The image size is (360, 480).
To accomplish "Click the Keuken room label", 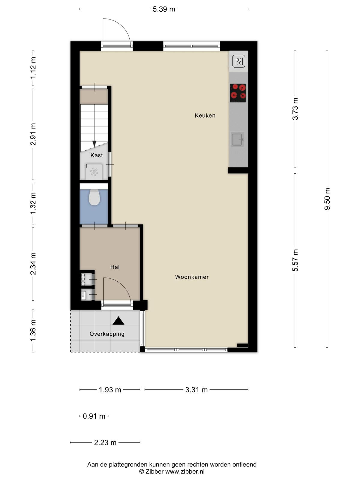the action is pyautogui.click(x=205, y=115).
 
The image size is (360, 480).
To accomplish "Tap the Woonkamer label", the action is pyautogui.click(x=192, y=277).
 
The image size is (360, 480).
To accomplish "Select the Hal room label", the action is pyautogui.click(x=115, y=267).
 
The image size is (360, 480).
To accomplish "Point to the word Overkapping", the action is pyautogui.click(x=107, y=334).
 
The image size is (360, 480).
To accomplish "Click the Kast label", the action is pyautogui.click(x=97, y=155).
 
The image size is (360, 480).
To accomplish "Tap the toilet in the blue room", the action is pyautogui.click(x=94, y=197).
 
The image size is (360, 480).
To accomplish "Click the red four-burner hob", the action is pyautogui.click(x=238, y=93).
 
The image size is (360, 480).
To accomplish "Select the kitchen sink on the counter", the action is pyautogui.click(x=237, y=139).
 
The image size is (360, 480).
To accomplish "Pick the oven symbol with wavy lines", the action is pyautogui.click(x=238, y=61).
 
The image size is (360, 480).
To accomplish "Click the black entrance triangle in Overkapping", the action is pyautogui.click(x=118, y=321).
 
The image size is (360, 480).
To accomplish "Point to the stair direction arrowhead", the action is pyautogui.click(x=94, y=144).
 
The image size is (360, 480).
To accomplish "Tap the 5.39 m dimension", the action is pyautogui.click(x=164, y=9).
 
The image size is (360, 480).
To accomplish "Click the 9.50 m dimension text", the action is pyautogui.click(x=327, y=199).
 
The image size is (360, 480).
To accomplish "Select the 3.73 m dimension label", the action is pyautogui.click(x=295, y=109).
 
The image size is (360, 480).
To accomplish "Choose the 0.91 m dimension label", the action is pyautogui.click(x=94, y=416).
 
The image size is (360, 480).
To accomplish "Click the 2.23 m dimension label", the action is pyautogui.click(x=105, y=442).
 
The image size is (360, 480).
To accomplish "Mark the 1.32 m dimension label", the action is pyautogui.click(x=33, y=204).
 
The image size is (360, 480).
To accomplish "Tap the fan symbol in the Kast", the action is pyautogui.click(x=94, y=172).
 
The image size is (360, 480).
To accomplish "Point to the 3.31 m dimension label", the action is pyautogui.click(x=196, y=390).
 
